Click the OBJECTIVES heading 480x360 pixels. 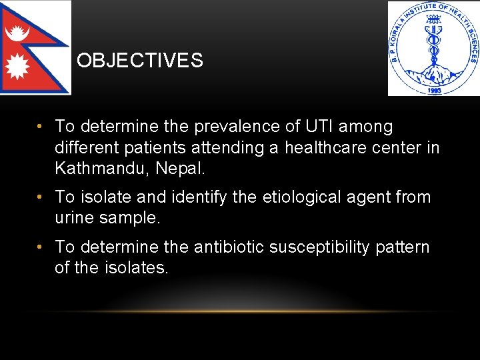click(139, 61)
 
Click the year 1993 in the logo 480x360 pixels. click(433, 89)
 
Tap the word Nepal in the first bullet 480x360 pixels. click(180, 167)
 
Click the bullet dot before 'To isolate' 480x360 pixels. click(41, 197)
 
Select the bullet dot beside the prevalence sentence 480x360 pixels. click(41, 127)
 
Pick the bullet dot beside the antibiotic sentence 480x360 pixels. click(41, 247)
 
